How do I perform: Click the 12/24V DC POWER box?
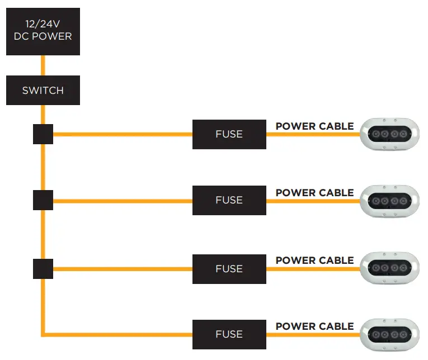click(x=43, y=31)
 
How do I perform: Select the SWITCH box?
click(x=43, y=90)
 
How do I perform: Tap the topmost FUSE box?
click(x=229, y=134)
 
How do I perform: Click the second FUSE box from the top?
click(x=229, y=200)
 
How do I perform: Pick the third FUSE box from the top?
click(x=229, y=269)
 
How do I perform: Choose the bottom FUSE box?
click(x=229, y=334)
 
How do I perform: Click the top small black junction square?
click(x=43, y=134)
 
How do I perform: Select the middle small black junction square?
click(x=43, y=200)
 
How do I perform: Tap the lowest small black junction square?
click(x=43, y=268)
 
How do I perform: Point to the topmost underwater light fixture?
click(x=389, y=134)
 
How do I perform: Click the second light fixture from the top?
click(x=389, y=200)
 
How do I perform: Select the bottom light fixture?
click(x=389, y=334)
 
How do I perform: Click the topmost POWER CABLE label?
click(x=314, y=126)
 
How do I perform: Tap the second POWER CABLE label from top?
click(x=314, y=193)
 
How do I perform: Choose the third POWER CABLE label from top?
click(x=314, y=260)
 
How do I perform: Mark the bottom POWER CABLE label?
click(x=314, y=326)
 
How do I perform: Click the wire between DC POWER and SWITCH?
click(x=43, y=65)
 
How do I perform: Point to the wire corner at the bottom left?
click(x=43, y=334)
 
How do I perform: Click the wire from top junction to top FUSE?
click(x=123, y=134)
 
